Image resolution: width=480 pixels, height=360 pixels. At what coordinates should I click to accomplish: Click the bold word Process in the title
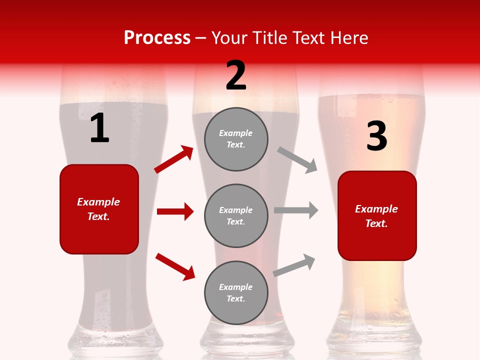coord(157,38)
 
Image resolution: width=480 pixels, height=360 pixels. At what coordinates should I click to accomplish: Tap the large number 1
coord(99,128)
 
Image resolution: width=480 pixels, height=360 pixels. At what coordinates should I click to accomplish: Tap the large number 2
coord(236,75)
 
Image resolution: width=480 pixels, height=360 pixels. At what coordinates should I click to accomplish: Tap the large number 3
coord(376,136)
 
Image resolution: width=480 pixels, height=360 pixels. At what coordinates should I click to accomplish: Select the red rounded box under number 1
coord(99,209)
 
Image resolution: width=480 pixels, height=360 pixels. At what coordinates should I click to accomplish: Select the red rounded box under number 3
coord(377,216)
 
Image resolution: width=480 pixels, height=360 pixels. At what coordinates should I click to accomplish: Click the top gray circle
coord(236,139)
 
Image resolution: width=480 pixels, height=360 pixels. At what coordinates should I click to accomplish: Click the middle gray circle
coord(236,216)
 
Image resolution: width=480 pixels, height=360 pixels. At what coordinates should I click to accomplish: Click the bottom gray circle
coord(236,293)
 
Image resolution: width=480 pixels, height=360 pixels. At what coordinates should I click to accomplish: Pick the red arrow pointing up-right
coord(173,159)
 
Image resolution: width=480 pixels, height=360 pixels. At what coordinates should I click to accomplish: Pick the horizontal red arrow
coord(175,211)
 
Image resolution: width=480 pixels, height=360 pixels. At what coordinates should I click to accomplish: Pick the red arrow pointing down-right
coord(175,266)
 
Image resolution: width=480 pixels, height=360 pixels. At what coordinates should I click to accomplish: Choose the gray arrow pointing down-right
coord(297,160)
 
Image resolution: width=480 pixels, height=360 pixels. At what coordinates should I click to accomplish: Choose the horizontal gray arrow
coord(296,210)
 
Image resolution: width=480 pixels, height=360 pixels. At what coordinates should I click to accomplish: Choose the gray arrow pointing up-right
coord(294,265)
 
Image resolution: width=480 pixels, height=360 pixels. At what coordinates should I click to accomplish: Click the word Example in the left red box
coord(98,202)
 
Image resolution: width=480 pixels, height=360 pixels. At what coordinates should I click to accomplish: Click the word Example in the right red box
coord(376,209)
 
